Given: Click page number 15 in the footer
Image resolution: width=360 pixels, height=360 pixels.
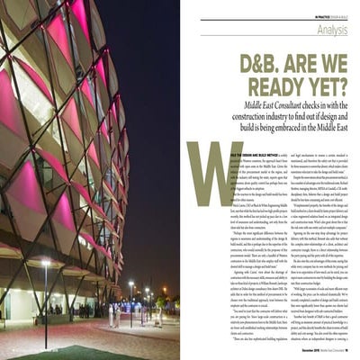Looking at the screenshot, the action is point(346,345).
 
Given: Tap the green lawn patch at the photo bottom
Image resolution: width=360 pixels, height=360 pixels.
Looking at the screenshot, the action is point(81,352).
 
